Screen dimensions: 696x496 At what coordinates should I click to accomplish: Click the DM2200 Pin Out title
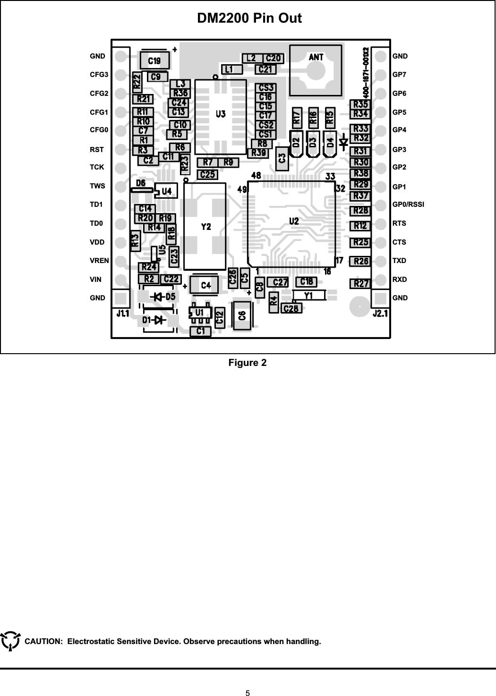pyautogui.click(x=249, y=18)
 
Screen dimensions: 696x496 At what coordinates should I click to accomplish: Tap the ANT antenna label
pyautogui.click(x=316, y=57)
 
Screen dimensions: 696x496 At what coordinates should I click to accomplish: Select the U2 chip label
pyautogui.click(x=294, y=221)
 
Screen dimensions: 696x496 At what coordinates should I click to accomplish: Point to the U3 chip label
pyautogui.click(x=221, y=114)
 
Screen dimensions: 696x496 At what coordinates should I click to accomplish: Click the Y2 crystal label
pyautogui.click(x=206, y=227)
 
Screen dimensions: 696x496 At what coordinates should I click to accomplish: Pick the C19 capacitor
pyautogui.click(x=154, y=61)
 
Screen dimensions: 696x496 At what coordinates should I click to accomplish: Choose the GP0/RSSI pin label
pyautogui.click(x=408, y=204)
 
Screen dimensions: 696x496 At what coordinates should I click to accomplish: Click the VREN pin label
pyautogui.click(x=99, y=261)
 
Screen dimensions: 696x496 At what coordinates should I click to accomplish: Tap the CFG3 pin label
pyautogui.click(x=99, y=75)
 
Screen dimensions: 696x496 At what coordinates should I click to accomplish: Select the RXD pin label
pyautogui.click(x=400, y=280)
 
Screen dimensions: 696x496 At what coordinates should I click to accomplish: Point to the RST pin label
pyautogui.click(x=97, y=150)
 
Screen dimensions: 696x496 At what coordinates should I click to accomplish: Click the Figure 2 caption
pyautogui.click(x=248, y=363)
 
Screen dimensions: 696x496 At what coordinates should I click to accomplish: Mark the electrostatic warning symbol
pyautogui.click(x=10, y=641)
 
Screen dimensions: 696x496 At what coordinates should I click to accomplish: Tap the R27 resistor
pyautogui.click(x=361, y=284)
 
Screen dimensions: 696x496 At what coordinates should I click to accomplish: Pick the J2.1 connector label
pyautogui.click(x=380, y=313)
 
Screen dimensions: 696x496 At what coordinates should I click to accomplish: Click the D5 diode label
pyautogui.click(x=169, y=297)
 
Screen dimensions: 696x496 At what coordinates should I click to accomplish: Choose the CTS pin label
pyautogui.click(x=399, y=242)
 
